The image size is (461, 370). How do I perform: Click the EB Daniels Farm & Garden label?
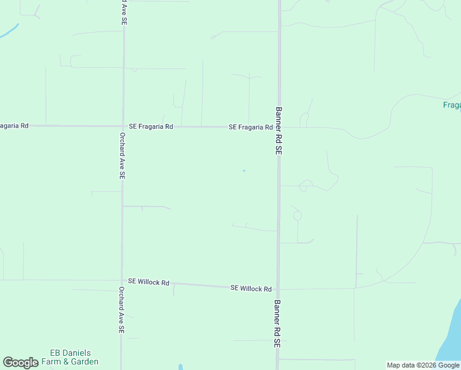point(74,357)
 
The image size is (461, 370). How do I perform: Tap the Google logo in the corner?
point(20,363)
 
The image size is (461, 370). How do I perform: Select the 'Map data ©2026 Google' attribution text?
point(423,365)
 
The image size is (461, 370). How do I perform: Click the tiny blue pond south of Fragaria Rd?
point(244,171)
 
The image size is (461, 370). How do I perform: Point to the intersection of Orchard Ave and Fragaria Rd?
point(123,126)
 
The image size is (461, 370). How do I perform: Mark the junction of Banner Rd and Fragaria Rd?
point(279,127)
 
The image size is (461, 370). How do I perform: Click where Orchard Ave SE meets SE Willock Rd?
point(122,281)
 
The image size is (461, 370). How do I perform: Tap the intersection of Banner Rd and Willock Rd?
point(278,289)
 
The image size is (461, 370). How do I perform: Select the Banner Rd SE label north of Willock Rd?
point(279,131)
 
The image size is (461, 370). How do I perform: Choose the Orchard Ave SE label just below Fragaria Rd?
point(123,155)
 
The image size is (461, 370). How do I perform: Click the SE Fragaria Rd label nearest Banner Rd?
point(250,127)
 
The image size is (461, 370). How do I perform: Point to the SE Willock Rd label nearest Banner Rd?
point(251,289)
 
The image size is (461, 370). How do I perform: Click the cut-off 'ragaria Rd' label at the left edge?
point(14,126)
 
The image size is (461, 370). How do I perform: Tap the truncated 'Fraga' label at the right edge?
point(452,105)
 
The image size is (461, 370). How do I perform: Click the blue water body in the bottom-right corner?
point(452,336)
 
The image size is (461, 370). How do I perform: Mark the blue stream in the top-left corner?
point(9,31)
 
